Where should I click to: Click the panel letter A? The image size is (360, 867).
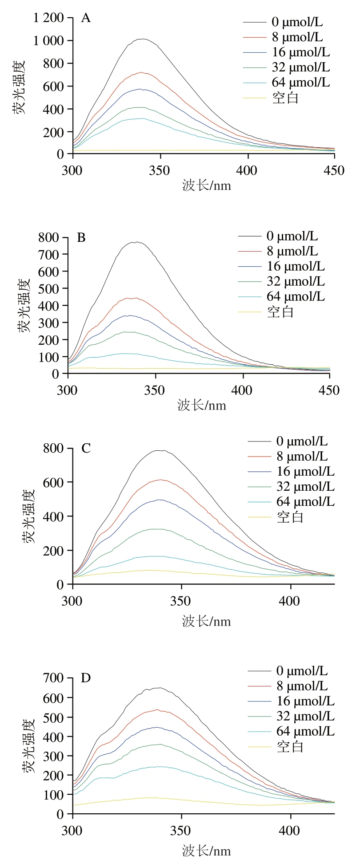pyautogui.click(x=85, y=19)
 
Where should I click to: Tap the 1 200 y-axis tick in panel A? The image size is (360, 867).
pyautogui.click(x=48, y=18)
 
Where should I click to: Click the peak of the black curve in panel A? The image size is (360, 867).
pyautogui.click(x=142, y=39)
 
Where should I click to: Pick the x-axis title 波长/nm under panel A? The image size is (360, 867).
pyautogui.click(x=207, y=185)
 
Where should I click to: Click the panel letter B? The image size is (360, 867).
pyautogui.click(x=81, y=238)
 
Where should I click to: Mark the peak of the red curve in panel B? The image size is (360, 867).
pyautogui.click(x=135, y=298)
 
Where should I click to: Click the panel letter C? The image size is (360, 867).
pyautogui.click(x=86, y=448)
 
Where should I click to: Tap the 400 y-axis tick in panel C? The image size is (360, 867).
pyautogui.click(x=54, y=516)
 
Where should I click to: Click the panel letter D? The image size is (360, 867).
pyautogui.click(x=86, y=678)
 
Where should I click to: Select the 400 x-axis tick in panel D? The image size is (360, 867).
pyautogui.click(x=291, y=830)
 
